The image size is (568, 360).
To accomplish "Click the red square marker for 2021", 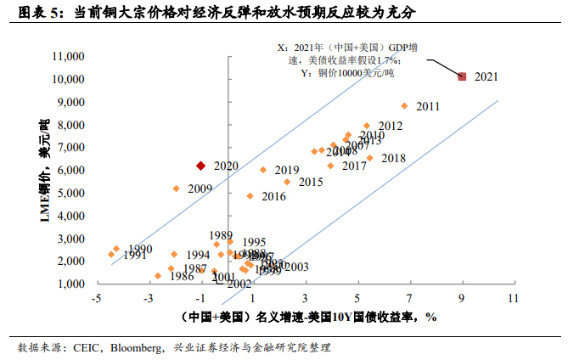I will pyautogui.click(x=462, y=76).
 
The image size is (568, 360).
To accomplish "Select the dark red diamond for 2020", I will pyautogui.click(x=200, y=166).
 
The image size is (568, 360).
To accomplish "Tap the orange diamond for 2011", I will pyautogui.click(x=404, y=106).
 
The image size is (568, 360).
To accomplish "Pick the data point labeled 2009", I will pyautogui.click(x=176, y=188).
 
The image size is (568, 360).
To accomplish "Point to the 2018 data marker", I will pyautogui.click(x=369, y=158).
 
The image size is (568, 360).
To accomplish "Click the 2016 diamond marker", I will pyautogui.click(x=250, y=196).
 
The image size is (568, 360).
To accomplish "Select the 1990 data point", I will pyautogui.click(x=116, y=249).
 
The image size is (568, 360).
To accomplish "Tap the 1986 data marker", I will pyautogui.click(x=158, y=276).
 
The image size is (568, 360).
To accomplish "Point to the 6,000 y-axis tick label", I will pyautogui.click(x=71, y=170).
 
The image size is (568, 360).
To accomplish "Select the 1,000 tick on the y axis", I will pyautogui.click(x=71, y=284).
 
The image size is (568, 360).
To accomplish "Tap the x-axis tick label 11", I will pyautogui.click(x=513, y=299).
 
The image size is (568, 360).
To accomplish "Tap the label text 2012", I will pyautogui.click(x=390, y=126).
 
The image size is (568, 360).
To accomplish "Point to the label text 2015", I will pyautogui.click(x=311, y=182).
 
